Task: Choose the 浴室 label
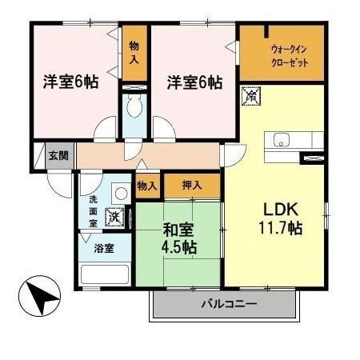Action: (104, 248)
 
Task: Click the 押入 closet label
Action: (191, 185)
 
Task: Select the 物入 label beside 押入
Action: (146, 186)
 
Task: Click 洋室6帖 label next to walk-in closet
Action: (194, 82)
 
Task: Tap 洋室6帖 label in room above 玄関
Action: (70, 82)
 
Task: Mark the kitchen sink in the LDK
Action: (284, 142)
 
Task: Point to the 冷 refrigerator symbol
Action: (250, 95)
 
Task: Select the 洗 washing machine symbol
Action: (117, 215)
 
